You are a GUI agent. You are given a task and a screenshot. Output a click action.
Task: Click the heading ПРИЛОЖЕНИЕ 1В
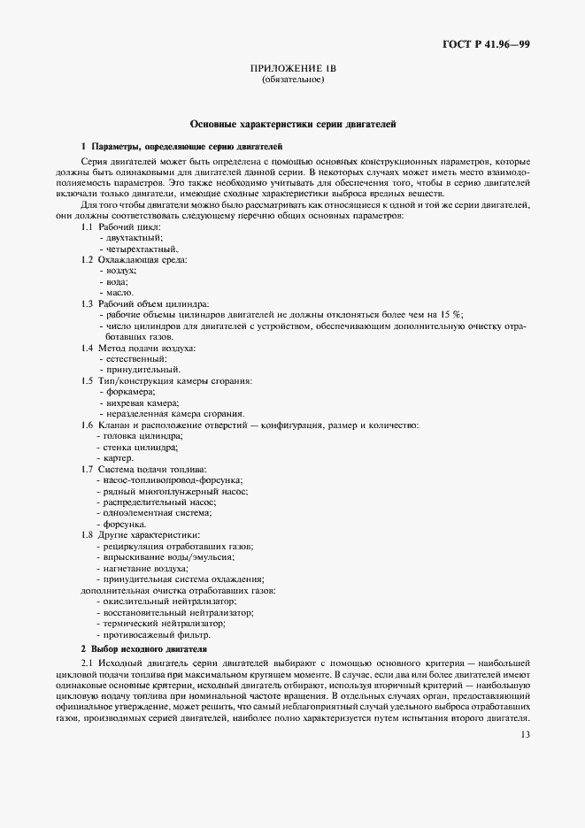click(293, 67)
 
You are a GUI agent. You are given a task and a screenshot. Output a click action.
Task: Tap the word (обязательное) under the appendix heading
click(293, 80)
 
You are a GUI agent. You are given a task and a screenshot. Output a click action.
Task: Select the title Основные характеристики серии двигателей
click(293, 125)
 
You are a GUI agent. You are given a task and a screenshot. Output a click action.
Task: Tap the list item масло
click(119, 292)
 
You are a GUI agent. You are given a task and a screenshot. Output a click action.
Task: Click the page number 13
click(525, 733)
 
